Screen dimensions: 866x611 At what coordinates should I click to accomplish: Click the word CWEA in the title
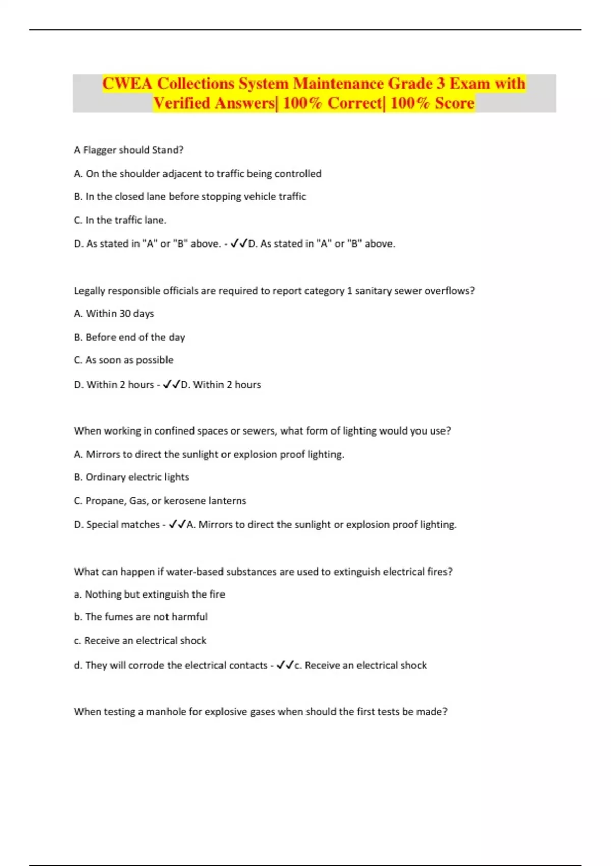[x=127, y=84]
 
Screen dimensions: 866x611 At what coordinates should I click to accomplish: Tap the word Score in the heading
[x=454, y=103]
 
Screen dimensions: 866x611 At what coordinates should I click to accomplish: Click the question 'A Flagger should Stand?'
[x=128, y=150]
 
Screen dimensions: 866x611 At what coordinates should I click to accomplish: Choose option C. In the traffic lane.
[x=120, y=220]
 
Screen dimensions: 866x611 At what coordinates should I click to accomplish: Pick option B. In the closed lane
[x=190, y=197]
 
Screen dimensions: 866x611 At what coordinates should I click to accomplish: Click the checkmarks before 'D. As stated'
[x=238, y=244]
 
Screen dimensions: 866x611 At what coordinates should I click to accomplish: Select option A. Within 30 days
[x=114, y=314]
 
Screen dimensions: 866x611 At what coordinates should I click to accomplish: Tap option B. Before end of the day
[x=129, y=337]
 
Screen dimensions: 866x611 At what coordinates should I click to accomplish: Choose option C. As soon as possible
[x=124, y=360]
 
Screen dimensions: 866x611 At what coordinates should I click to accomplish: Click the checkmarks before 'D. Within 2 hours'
[x=172, y=385]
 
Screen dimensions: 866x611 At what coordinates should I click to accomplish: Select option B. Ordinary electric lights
[x=131, y=477]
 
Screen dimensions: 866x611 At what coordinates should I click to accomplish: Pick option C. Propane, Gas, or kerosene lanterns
[x=160, y=501]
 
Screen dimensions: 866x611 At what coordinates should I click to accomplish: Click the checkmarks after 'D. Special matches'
[x=177, y=525]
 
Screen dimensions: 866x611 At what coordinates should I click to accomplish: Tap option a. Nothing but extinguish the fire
[x=149, y=594]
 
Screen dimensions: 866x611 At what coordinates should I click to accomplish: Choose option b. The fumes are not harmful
[x=141, y=617]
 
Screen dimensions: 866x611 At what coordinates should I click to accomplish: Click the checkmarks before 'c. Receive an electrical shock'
[x=285, y=665]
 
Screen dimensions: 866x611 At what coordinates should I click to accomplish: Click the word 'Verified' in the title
[x=182, y=103]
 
